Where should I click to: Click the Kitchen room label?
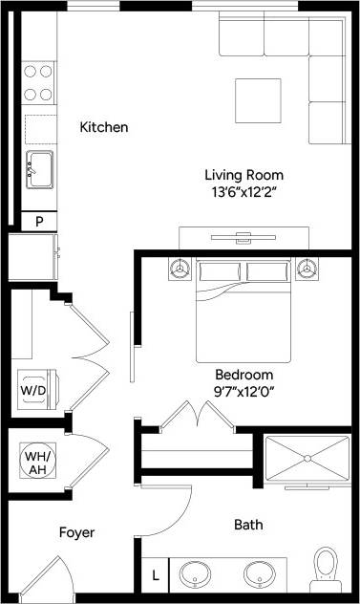(103, 127)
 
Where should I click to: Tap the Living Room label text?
(244, 175)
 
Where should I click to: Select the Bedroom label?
(244, 375)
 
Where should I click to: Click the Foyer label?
(76, 532)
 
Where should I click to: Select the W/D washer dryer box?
(33, 390)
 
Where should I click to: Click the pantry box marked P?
(39, 221)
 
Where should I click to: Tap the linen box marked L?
(156, 575)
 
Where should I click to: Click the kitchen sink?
(39, 168)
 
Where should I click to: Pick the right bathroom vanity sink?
(258, 574)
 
